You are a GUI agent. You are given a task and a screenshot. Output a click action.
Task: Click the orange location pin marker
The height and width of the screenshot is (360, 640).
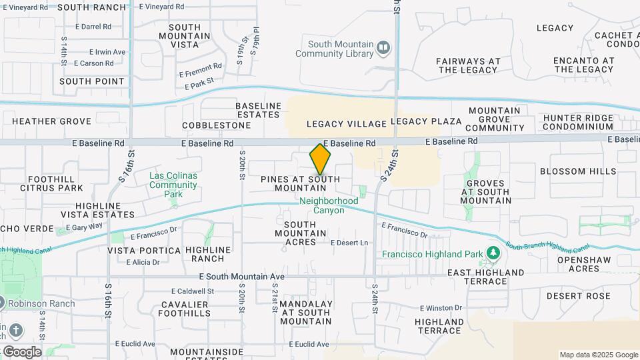320,159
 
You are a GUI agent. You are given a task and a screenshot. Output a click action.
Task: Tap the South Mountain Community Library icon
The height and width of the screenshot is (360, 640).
383,47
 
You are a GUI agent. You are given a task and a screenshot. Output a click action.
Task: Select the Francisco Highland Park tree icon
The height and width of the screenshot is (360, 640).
493,253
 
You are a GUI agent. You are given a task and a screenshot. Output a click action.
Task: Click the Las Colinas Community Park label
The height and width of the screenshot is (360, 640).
173,185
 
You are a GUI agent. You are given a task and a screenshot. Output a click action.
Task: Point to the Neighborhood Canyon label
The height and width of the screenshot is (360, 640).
329,205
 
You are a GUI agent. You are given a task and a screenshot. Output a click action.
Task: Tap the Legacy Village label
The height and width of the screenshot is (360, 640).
346,124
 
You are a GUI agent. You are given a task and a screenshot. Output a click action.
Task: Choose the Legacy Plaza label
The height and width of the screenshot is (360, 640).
426,121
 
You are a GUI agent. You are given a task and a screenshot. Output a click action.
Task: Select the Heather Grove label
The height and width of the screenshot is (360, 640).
51,121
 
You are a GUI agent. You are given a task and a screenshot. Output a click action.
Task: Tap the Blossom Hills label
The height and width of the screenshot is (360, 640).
578,171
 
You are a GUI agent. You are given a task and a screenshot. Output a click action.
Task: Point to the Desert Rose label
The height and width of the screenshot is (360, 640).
578,296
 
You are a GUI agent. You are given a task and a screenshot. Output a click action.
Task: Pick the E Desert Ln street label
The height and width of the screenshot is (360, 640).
349,243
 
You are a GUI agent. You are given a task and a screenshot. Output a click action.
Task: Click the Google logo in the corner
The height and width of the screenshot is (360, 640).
21,351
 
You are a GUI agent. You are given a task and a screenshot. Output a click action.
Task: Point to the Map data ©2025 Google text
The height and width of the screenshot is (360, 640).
598,355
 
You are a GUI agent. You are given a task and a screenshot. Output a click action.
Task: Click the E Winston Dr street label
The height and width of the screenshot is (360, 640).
441,308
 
